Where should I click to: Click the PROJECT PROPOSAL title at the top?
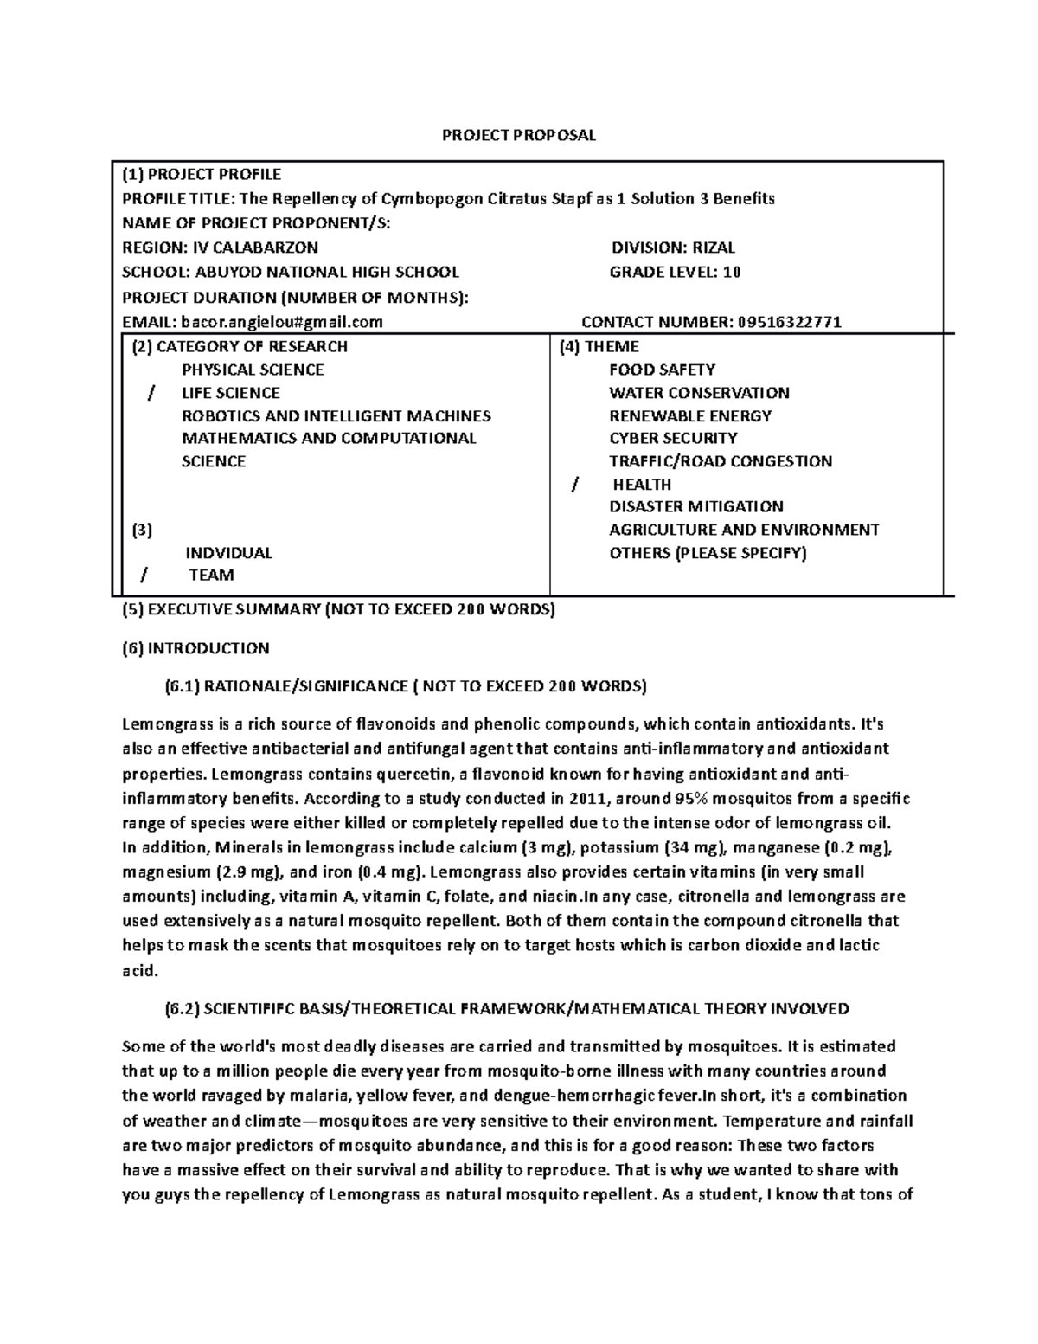(519, 135)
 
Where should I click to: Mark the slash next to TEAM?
(144, 576)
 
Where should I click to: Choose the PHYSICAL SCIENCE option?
(253, 370)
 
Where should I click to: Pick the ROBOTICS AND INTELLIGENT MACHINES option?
(336, 415)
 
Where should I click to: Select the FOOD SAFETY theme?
(662, 370)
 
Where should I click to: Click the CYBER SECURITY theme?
(673, 438)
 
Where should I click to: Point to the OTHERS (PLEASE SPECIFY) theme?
(707, 553)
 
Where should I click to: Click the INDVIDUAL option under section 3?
(228, 553)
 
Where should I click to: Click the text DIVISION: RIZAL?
(673, 248)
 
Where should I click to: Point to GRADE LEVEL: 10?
(675, 272)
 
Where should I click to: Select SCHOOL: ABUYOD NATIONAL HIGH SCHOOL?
(291, 272)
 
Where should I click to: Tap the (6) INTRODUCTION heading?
(195, 648)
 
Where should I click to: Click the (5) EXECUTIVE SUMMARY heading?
(338, 609)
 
